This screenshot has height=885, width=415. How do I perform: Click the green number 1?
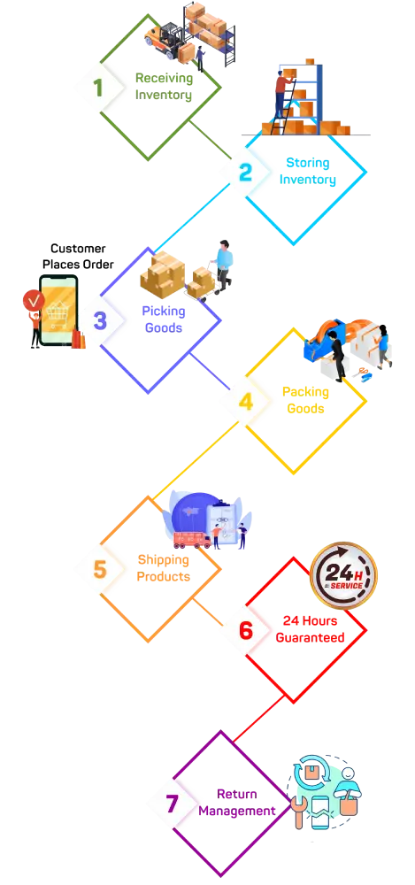pyautogui.click(x=99, y=88)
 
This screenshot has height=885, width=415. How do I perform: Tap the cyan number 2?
pyautogui.click(x=246, y=173)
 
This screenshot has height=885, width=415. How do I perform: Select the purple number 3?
pyautogui.click(x=100, y=320)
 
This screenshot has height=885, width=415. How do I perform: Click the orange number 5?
pyautogui.click(x=100, y=569)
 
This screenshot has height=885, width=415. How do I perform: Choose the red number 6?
pyautogui.click(x=246, y=630)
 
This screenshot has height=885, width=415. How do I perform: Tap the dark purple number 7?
pyautogui.click(x=173, y=804)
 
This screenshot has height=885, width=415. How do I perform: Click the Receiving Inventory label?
pyautogui.click(x=164, y=87)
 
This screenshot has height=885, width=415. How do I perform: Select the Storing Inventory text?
pyautogui.click(x=308, y=171)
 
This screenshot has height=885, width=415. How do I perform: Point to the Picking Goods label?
pyautogui.click(x=164, y=319)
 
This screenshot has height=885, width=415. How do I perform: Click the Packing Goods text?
pyautogui.click(x=305, y=400)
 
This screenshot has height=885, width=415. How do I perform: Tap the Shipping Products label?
pyautogui.click(x=163, y=568)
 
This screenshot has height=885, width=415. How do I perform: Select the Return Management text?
pyautogui.click(x=237, y=802)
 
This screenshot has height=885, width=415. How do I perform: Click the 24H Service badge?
pyautogui.click(x=343, y=576)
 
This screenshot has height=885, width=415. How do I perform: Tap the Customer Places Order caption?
pyautogui.click(x=78, y=257)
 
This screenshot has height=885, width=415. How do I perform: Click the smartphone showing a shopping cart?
pyautogui.click(x=58, y=310)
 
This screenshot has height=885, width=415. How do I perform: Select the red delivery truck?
pyautogui.click(x=191, y=540)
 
